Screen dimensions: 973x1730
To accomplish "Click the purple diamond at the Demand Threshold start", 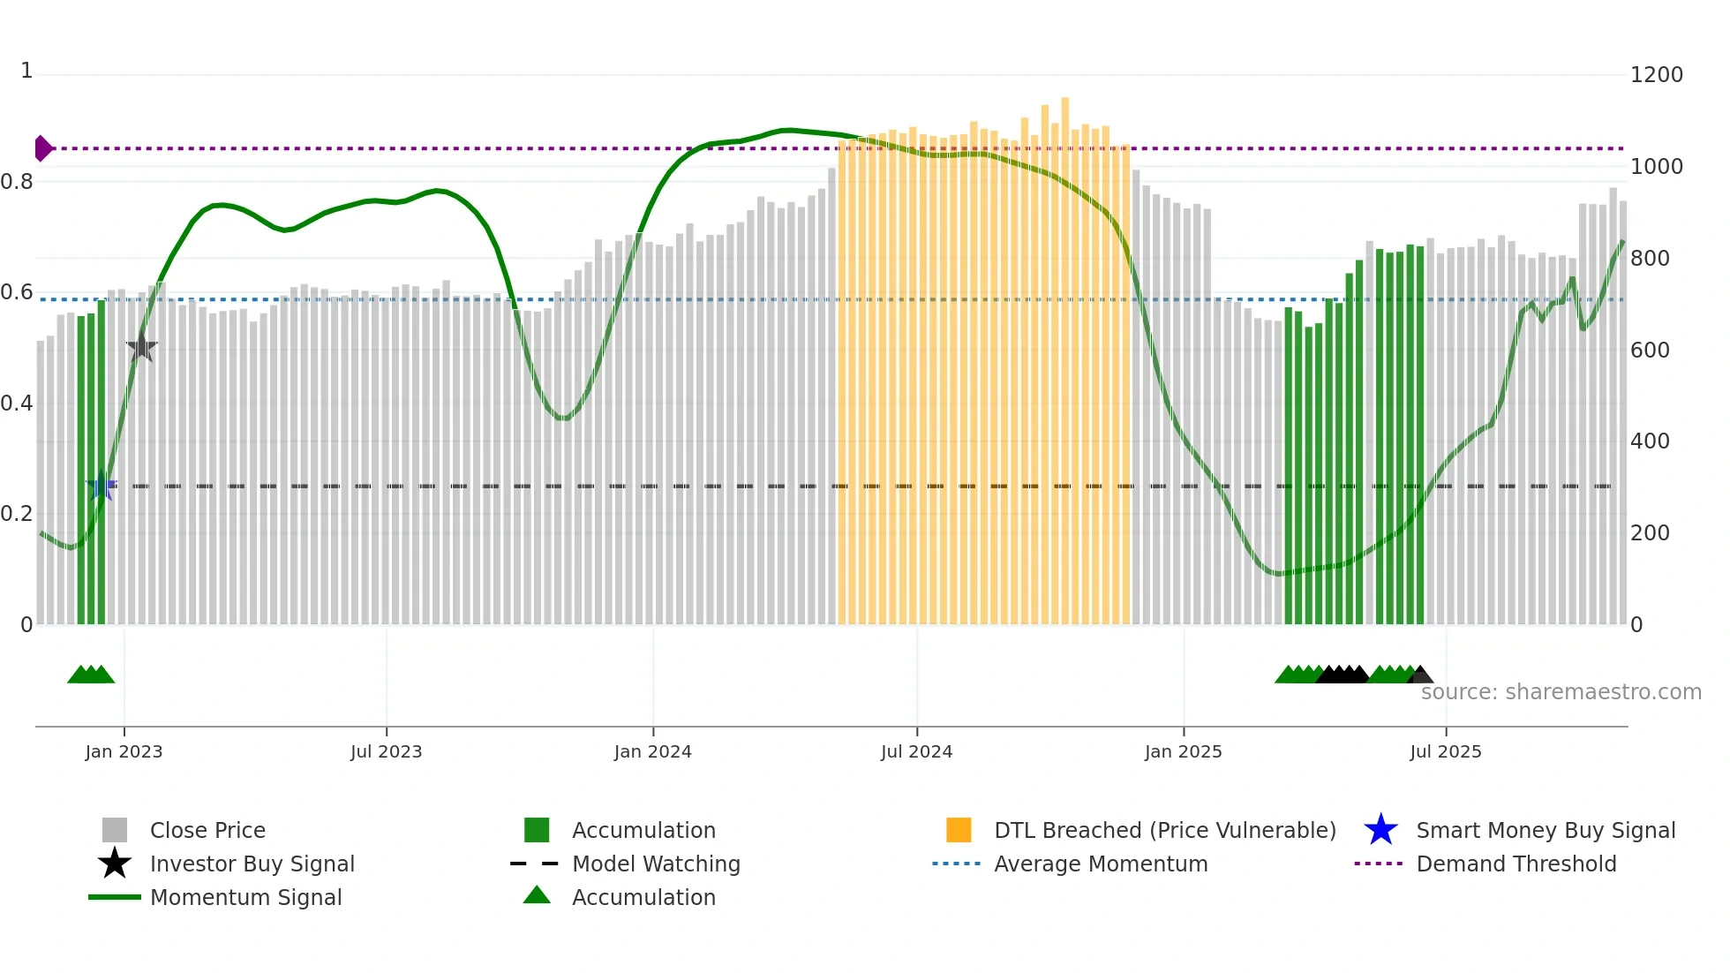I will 42,148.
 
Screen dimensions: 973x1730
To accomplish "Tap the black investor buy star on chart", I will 141,348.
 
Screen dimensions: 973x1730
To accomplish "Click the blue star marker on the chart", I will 102,486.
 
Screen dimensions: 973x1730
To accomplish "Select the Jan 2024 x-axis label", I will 652,751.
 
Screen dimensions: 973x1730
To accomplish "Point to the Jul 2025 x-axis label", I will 1445,751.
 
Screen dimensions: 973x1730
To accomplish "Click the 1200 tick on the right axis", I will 1656,75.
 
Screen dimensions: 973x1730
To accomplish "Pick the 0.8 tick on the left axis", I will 17,182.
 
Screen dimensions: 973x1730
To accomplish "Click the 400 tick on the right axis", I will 1649,441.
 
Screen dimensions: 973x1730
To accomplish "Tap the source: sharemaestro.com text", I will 1561,691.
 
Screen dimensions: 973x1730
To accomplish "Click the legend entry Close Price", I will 207,830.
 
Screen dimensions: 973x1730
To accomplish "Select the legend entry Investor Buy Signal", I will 252,864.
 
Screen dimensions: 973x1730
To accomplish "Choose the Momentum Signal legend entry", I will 245,897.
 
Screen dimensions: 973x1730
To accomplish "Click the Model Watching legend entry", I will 656,864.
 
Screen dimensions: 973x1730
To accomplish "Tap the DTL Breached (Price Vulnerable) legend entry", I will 1164,830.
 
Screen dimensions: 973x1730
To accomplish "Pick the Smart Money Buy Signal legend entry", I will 1545,830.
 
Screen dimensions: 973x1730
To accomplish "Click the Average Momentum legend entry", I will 1100,864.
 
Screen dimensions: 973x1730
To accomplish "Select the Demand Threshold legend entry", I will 1516,864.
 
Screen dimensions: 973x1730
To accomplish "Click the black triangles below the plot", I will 1343,675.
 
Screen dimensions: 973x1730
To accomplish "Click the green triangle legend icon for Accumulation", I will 537,895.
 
